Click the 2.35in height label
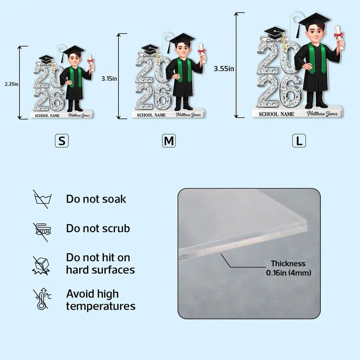pos(12,84)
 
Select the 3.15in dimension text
pos(109,78)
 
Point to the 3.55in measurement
pos(224,68)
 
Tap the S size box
pos(62,141)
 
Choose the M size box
pos(169,141)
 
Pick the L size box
pos(299,141)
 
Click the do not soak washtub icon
pos(42,199)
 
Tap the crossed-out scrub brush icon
pos(42,232)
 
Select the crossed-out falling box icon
pos(41,266)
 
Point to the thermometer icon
pos(42,299)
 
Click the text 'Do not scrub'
pos(98,229)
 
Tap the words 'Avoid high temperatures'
pos(101,300)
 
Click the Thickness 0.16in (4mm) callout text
pos(289,268)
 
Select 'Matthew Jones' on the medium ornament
pos(188,114)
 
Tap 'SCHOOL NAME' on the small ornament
pos(47,116)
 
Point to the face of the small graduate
pos(74,60)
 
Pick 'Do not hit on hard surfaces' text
pos(100,264)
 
